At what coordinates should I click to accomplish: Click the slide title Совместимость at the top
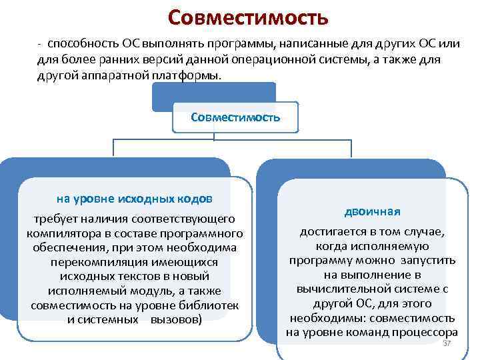(x=248, y=17)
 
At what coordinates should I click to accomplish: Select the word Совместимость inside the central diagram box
(x=235, y=117)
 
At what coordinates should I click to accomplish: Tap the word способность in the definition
(x=82, y=43)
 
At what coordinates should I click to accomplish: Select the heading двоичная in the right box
(x=373, y=211)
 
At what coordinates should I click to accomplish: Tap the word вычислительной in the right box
(x=345, y=289)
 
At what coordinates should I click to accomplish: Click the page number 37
(x=447, y=343)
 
